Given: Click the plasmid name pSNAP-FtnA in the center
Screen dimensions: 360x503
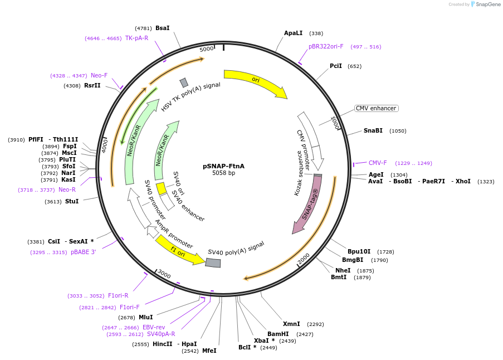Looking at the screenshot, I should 223,166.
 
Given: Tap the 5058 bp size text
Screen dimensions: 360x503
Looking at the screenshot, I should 223,173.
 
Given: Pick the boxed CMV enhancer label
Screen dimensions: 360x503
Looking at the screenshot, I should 376,108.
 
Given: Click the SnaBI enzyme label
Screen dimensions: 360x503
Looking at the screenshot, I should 373,131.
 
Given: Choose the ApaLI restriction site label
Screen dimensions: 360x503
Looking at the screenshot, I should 293,33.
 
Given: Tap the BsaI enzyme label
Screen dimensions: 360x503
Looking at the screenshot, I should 162,28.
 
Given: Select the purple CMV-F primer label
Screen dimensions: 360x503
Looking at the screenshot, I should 377,163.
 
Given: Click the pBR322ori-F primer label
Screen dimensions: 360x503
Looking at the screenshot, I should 326,47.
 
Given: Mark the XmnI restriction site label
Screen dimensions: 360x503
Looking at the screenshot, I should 291,324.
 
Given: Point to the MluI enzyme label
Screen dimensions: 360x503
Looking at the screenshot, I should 145,317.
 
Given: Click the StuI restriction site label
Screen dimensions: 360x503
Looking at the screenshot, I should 71,201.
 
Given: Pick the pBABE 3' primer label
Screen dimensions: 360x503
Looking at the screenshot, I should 83,252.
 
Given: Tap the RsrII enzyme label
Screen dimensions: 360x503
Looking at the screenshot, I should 92,86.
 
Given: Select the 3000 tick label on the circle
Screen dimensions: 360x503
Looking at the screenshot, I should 164,274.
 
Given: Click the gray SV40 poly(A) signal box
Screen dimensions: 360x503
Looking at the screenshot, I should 213,262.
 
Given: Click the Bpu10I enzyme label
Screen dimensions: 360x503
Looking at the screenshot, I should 359,252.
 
